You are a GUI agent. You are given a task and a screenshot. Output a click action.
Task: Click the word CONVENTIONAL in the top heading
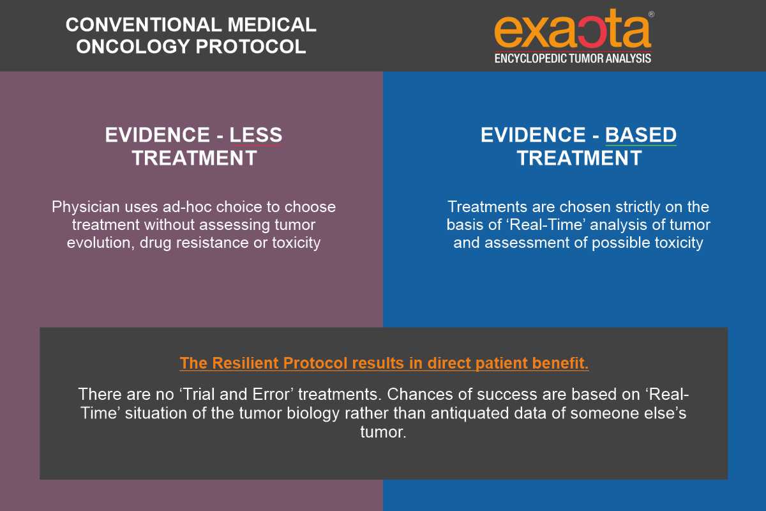144,25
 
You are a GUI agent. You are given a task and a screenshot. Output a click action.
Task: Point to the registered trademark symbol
651,15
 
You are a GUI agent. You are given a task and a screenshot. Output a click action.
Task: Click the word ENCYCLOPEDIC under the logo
531,59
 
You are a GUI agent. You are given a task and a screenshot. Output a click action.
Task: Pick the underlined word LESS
256,135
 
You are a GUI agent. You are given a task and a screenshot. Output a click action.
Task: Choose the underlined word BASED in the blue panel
641,135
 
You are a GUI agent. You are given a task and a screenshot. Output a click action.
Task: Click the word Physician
86,208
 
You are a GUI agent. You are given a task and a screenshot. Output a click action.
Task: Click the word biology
313,413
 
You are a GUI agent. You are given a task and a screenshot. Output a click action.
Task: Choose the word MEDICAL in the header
272,25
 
